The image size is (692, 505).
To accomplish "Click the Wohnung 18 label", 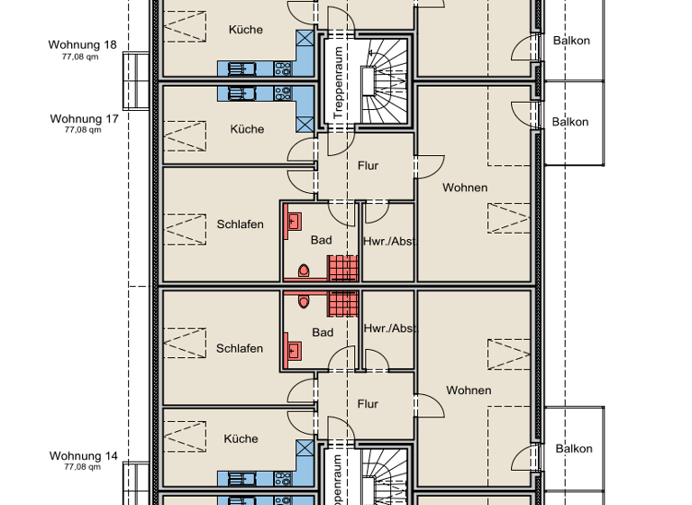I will point(83,44).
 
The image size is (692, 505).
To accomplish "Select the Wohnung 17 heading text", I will point(83,118).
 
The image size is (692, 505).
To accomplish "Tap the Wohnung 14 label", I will point(83,456).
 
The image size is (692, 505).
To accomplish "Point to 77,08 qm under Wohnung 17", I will point(82,130).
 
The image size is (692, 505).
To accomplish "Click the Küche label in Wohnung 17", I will point(247,129).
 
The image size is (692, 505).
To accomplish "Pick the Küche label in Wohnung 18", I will point(245,30).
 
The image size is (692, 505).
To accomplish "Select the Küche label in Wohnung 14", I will point(241,439).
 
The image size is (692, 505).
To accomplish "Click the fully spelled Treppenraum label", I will point(338,84).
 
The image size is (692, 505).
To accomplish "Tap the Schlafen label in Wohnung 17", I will point(240,225).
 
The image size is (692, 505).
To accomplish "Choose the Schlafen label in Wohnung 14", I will point(240,348).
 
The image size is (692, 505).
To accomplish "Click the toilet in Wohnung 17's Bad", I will point(304,270).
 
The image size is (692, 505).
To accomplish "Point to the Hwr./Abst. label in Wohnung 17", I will point(388,242).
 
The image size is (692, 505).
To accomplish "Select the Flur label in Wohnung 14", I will point(367,404).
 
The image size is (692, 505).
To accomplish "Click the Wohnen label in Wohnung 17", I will point(465,188).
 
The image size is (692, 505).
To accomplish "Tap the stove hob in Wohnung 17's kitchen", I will point(282,93).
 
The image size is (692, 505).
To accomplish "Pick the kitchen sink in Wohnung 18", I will point(241,68).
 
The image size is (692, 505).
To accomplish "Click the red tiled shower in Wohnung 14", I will point(342,303).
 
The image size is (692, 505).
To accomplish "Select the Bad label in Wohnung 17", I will point(322,240).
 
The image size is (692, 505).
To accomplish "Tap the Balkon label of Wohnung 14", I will point(573,448).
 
